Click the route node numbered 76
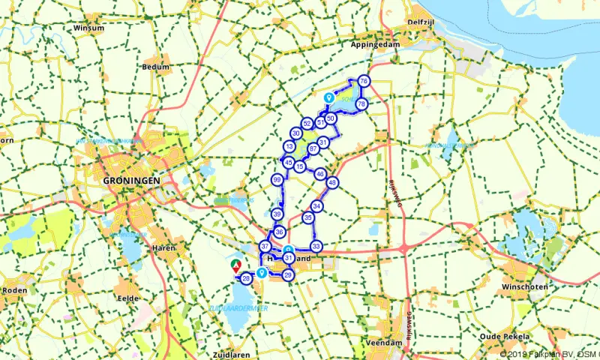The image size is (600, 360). [x=363, y=81]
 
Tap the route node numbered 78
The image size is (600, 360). [x=361, y=103]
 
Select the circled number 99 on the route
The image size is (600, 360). [x=277, y=179]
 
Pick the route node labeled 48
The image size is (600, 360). [x=332, y=182]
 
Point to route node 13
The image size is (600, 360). [x=289, y=146]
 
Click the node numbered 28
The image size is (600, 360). [x=246, y=279]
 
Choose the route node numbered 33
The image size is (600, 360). [x=316, y=246]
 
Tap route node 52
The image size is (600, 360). [x=307, y=123]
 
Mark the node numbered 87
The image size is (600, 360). [x=313, y=148]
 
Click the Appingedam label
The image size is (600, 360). [x=372, y=44]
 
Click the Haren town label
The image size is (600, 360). [x=163, y=247]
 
